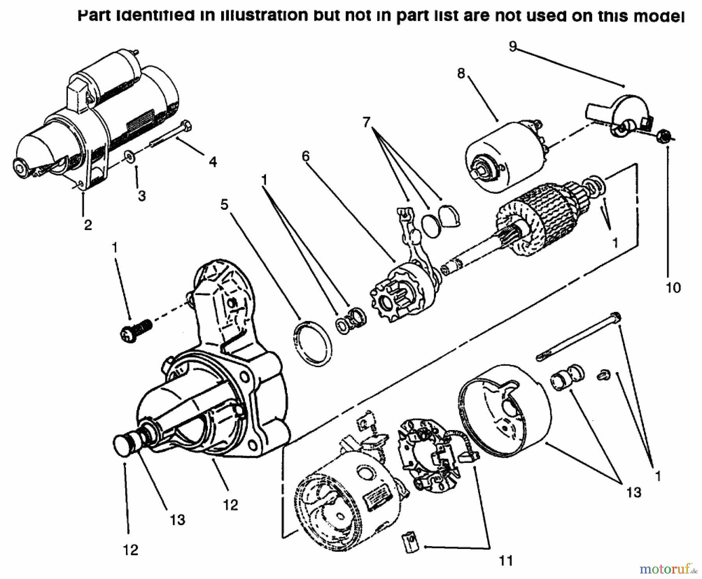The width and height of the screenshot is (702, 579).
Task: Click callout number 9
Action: click(512, 46)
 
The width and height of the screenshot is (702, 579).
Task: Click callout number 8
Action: click(461, 73)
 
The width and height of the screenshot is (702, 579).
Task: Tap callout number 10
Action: click(673, 287)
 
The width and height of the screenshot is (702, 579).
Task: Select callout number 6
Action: click(305, 156)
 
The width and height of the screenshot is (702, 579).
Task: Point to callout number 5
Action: click(224, 204)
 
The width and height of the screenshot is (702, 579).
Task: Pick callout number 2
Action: click(88, 225)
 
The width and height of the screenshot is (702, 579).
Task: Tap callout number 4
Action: click(213, 161)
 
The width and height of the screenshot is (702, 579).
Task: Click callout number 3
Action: click(142, 195)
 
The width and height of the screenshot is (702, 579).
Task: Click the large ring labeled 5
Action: click(312, 343)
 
